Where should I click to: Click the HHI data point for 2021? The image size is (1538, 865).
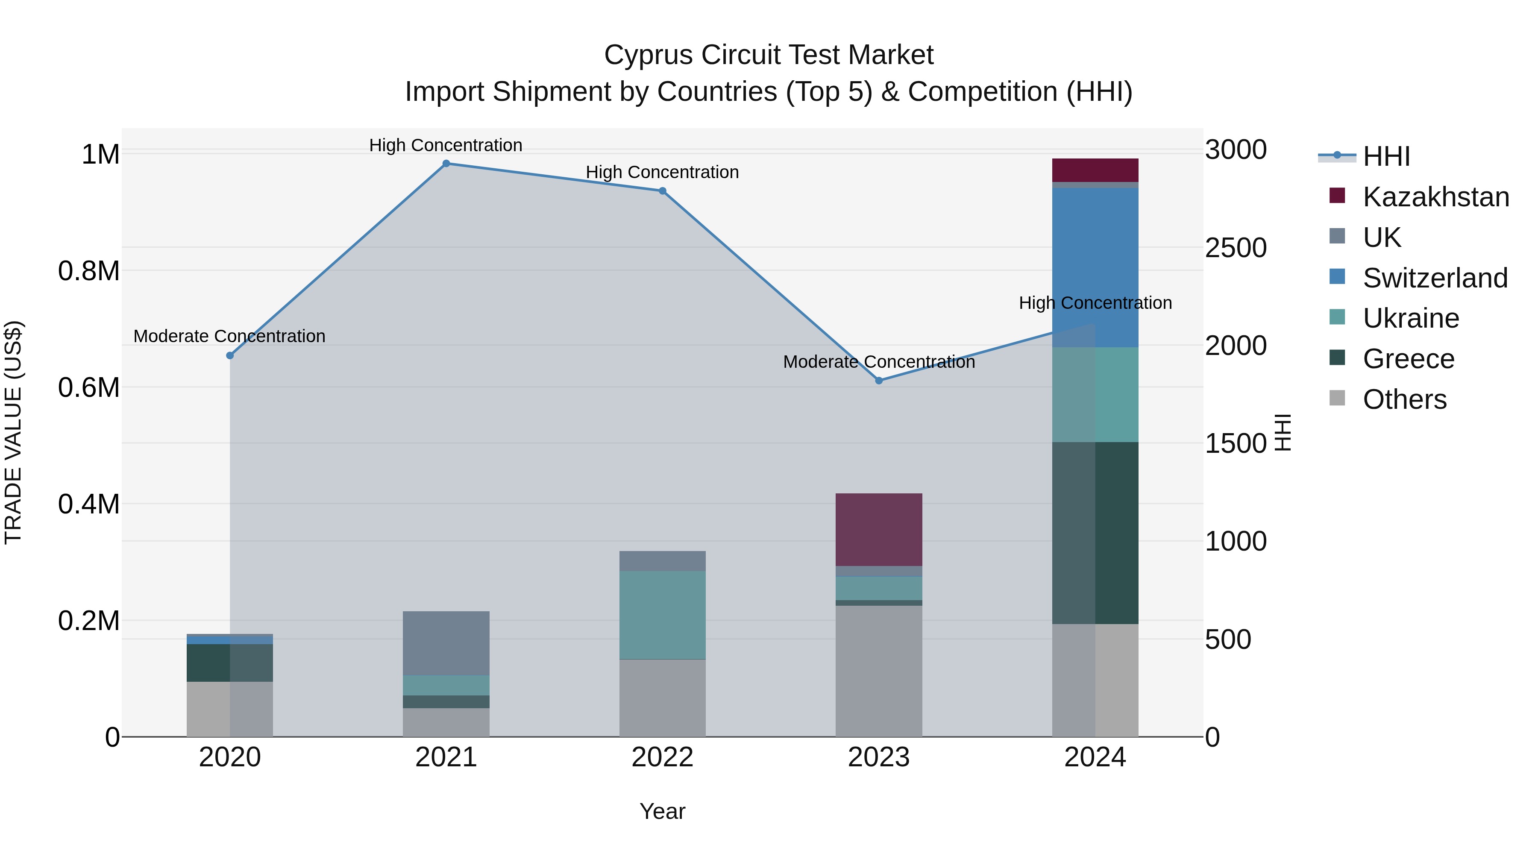pyautogui.click(x=446, y=164)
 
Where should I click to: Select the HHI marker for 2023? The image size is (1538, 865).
pyautogui.click(x=879, y=380)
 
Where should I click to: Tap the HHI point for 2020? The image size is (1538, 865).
pyautogui.click(x=230, y=355)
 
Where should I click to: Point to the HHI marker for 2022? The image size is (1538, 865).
pyautogui.click(x=662, y=191)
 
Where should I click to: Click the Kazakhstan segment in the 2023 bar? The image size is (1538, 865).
pyautogui.click(x=879, y=530)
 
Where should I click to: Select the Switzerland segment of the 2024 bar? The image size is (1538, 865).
pyautogui.click(x=1095, y=267)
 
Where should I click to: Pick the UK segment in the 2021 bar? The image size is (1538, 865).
pyautogui.click(x=446, y=643)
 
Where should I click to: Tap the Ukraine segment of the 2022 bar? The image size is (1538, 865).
pyautogui.click(x=662, y=615)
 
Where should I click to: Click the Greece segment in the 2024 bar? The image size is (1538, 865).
pyautogui.click(x=1095, y=533)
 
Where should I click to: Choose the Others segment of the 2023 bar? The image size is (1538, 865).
pyautogui.click(x=879, y=671)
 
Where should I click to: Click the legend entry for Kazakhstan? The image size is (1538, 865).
pyautogui.click(x=1435, y=196)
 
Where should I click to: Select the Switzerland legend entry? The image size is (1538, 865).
pyautogui.click(x=1435, y=278)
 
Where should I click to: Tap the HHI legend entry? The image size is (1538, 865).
pyautogui.click(x=1386, y=156)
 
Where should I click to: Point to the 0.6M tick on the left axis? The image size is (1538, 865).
pyautogui.click(x=88, y=387)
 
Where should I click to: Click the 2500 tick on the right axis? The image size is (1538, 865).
pyautogui.click(x=1235, y=248)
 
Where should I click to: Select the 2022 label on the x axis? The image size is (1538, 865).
pyautogui.click(x=662, y=757)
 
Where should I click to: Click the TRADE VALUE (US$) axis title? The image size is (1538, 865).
pyautogui.click(x=13, y=432)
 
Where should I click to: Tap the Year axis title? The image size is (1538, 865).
pyautogui.click(x=662, y=811)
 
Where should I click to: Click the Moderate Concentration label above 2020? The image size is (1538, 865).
pyautogui.click(x=229, y=336)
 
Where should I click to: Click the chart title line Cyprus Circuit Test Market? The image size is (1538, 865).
pyautogui.click(x=769, y=55)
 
